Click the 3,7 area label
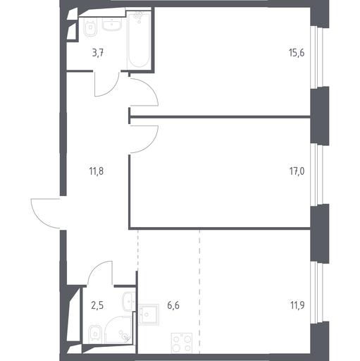(x=98, y=54)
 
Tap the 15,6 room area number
(x=297, y=53)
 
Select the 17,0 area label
(x=297, y=171)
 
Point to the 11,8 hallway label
(x=97, y=171)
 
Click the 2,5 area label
(x=97, y=306)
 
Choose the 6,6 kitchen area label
(x=173, y=305)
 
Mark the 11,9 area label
(x=297, y=305)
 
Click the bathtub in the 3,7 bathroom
(x=139, y=39)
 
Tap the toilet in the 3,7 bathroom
(x=90, y=27)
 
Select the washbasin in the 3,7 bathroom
(x=112, y=25)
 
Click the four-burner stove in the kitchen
(x=182, y=343)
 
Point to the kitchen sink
(x=149, y=314)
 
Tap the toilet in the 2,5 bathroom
(x=95, y=334)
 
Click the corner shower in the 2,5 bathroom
(x=118, y=329)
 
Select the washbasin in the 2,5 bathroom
(x=129, y=301)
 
